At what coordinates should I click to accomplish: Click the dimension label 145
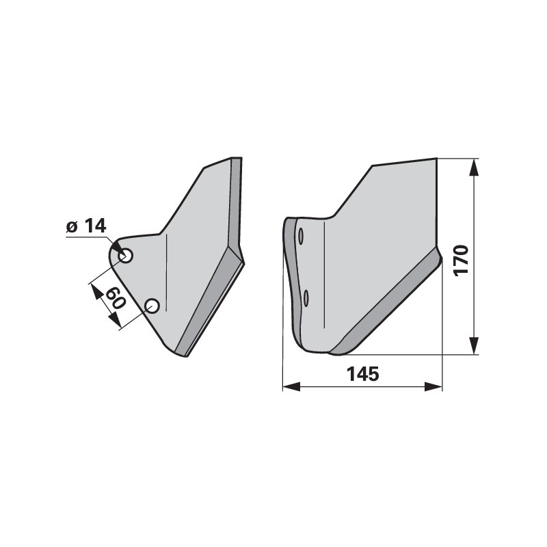(362, 374)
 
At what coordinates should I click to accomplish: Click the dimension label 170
(461, 261)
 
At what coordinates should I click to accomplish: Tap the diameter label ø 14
(86, 226)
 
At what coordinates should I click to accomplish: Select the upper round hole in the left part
(126, 256)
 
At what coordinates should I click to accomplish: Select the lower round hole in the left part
(152, 306)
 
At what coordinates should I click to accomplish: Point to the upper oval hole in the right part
(301, 236)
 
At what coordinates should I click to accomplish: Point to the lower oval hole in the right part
(306, 298)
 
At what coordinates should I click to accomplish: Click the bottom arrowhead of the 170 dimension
(473, 346)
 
